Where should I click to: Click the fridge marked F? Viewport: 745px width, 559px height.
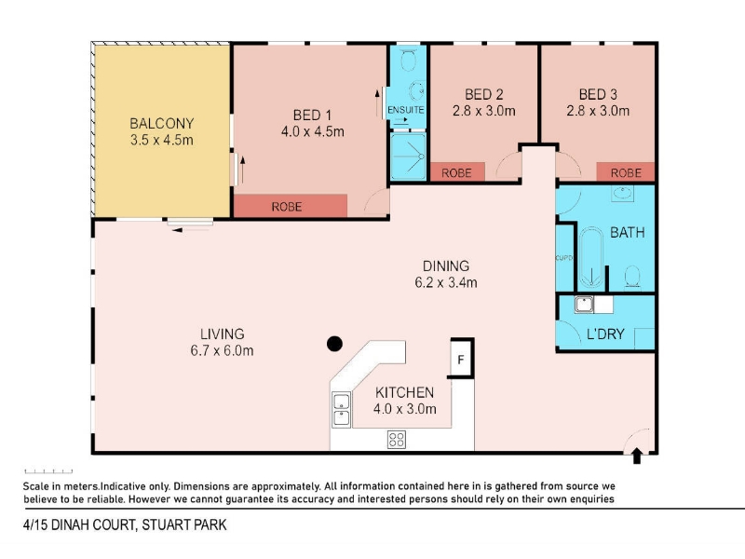click(x=461, y=359)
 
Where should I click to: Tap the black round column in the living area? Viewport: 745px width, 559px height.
click(x=334, y=344)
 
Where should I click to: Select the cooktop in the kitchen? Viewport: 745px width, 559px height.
click(x=397, y=439)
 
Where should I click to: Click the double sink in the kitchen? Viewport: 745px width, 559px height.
click(x=341, y=410)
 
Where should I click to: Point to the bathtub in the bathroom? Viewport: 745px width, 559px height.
click(x=591, y=258)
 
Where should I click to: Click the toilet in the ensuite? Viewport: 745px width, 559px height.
click(x=408, y=60)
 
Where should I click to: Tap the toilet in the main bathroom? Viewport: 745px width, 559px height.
click(x=632, y=277)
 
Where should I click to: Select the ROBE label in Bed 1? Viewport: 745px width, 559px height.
click(x=287, y=207)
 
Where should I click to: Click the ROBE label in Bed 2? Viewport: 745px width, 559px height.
click(x=456, y=173)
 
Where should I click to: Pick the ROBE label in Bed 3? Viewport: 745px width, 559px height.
click(x=626, y=173)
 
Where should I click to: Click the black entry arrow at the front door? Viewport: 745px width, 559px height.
click(x=637, y=456)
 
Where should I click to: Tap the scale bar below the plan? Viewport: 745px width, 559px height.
click(x=48, y=471)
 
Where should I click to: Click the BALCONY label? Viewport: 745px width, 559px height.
click(x=162, y=124)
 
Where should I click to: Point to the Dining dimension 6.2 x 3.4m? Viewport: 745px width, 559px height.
click(x=446, y=283)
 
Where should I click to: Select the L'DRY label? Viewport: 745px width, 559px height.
click(x=605, y=334)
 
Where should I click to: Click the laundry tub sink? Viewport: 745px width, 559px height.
click(x=584, y=305)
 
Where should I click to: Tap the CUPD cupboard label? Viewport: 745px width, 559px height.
click(x=564, y=258)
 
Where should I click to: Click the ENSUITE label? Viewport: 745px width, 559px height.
click(x=406, y=110)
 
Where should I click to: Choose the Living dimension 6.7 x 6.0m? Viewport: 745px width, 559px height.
click(x=222, y=351)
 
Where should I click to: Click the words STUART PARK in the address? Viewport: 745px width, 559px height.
click(x=183, y=525)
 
